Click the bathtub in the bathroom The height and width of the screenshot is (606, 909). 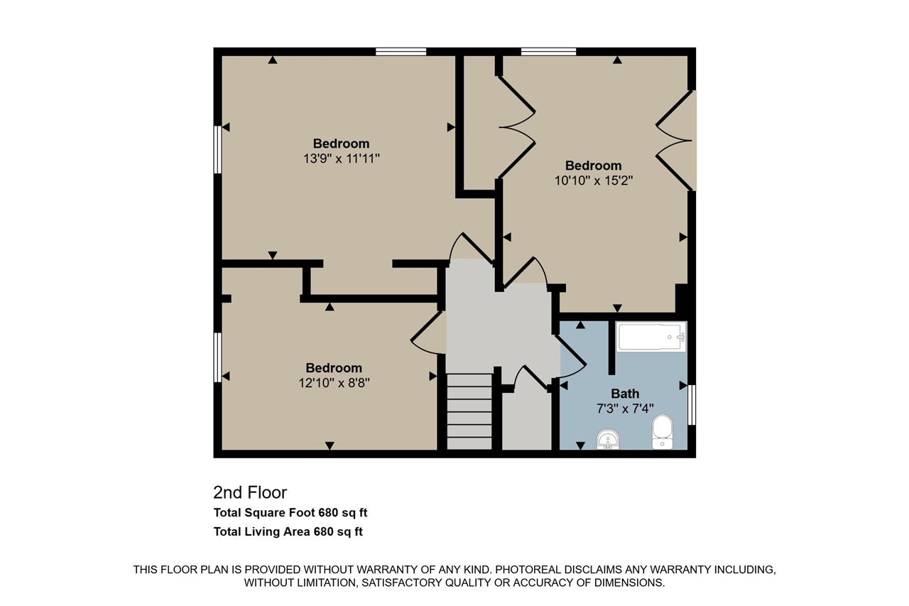(651, 337)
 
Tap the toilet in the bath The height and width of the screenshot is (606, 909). (663, 432)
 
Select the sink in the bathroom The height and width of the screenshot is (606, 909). (608, 440)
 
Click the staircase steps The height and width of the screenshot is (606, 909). (469, 411)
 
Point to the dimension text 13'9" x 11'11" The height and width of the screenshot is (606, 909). (342, 158)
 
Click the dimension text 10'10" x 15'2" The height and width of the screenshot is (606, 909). (594, 180)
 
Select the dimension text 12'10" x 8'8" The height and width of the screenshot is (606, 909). (334, 383)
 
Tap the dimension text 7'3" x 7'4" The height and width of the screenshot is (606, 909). (625, 408)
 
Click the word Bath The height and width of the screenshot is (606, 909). (625, 394)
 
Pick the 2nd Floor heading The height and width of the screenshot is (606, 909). (250, 493)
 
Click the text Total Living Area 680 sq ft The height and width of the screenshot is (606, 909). (288, 531)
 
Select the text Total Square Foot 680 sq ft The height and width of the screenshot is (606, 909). (290, 513)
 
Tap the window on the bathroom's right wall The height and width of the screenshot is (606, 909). (692, 405)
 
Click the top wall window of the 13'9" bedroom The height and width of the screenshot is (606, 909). (401, 52)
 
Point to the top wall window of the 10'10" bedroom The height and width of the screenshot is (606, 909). (549, 52)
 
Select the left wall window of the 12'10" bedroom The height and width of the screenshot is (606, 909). (217, 357)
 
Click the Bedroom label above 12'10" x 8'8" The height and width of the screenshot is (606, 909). (334, 368)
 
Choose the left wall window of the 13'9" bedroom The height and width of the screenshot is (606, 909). (217, 150)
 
